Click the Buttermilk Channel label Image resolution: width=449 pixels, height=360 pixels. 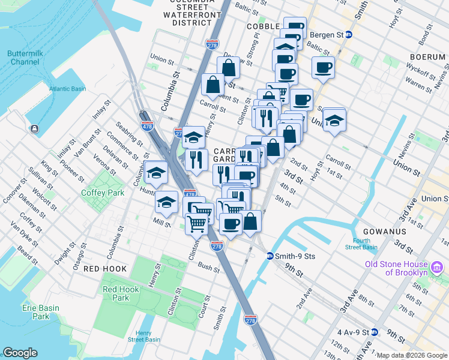pyautogui.click(x=24, y=58)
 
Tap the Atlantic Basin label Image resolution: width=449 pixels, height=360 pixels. pyautogui.click(x=67, y=89)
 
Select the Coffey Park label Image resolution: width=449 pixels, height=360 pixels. pyautogui.click(x=103, y=193)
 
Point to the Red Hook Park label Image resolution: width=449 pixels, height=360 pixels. pyautogui.click(x=120, y=293)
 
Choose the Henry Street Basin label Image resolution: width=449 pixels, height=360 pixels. pyautogui.click(x=143, y=336)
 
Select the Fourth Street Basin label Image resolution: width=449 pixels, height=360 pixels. pyautogui.click(x=361, y=244)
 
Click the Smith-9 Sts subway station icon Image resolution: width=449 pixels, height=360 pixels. pyautogui.click(x=270, y=256)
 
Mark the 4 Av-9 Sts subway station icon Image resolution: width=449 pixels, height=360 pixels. pyautogui.click(x=375, y=332)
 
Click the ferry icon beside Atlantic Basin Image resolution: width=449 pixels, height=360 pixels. pyautogui.click(x=34, y=129)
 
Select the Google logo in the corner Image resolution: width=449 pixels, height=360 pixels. pyautogui.click(x=20, y=353)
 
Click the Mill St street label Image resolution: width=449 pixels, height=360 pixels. pyautogui.click(x=162, y=221)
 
